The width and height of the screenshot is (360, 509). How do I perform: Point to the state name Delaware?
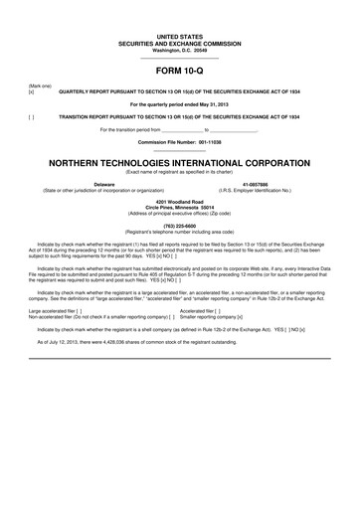(x=103, y=184)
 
